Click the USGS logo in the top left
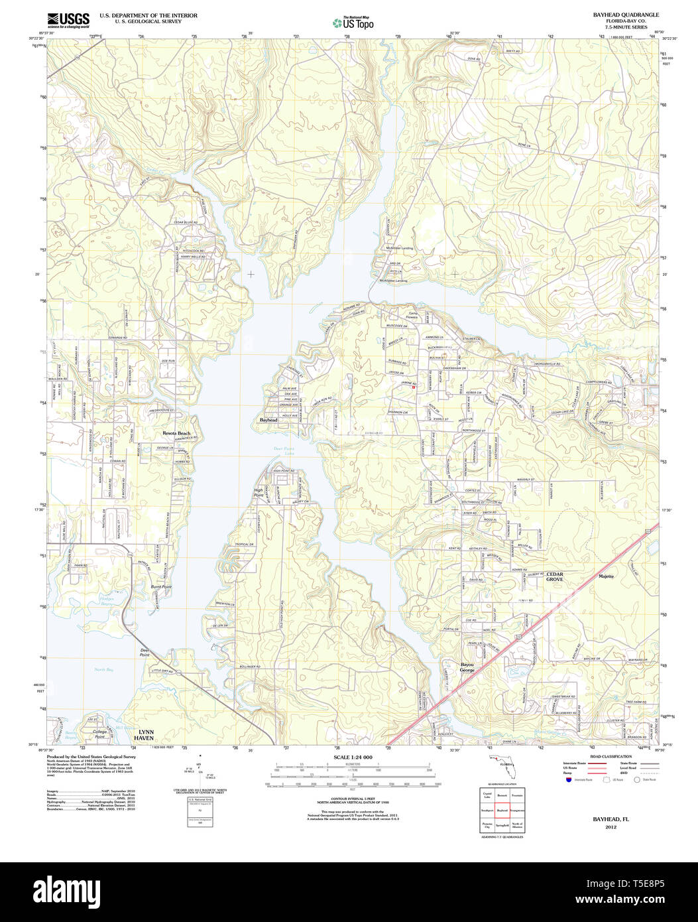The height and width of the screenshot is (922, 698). click(x=68, y=21)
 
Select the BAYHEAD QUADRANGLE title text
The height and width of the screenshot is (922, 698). click(x=616, y=14)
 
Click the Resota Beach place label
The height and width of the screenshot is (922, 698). click(x=176, y=433)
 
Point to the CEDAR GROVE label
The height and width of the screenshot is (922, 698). click(x=554, y=576)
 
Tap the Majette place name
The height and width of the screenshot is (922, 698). click(x=606, y=576)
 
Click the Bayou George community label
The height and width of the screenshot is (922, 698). click(x=467, y=667)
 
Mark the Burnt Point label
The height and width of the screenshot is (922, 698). click(x=161, y=587)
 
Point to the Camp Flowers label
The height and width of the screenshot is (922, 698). click(x=413, y=315)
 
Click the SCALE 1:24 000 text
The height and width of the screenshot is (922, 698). click(x=353, y=757)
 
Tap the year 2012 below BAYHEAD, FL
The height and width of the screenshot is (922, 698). click(x=611, y=827)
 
